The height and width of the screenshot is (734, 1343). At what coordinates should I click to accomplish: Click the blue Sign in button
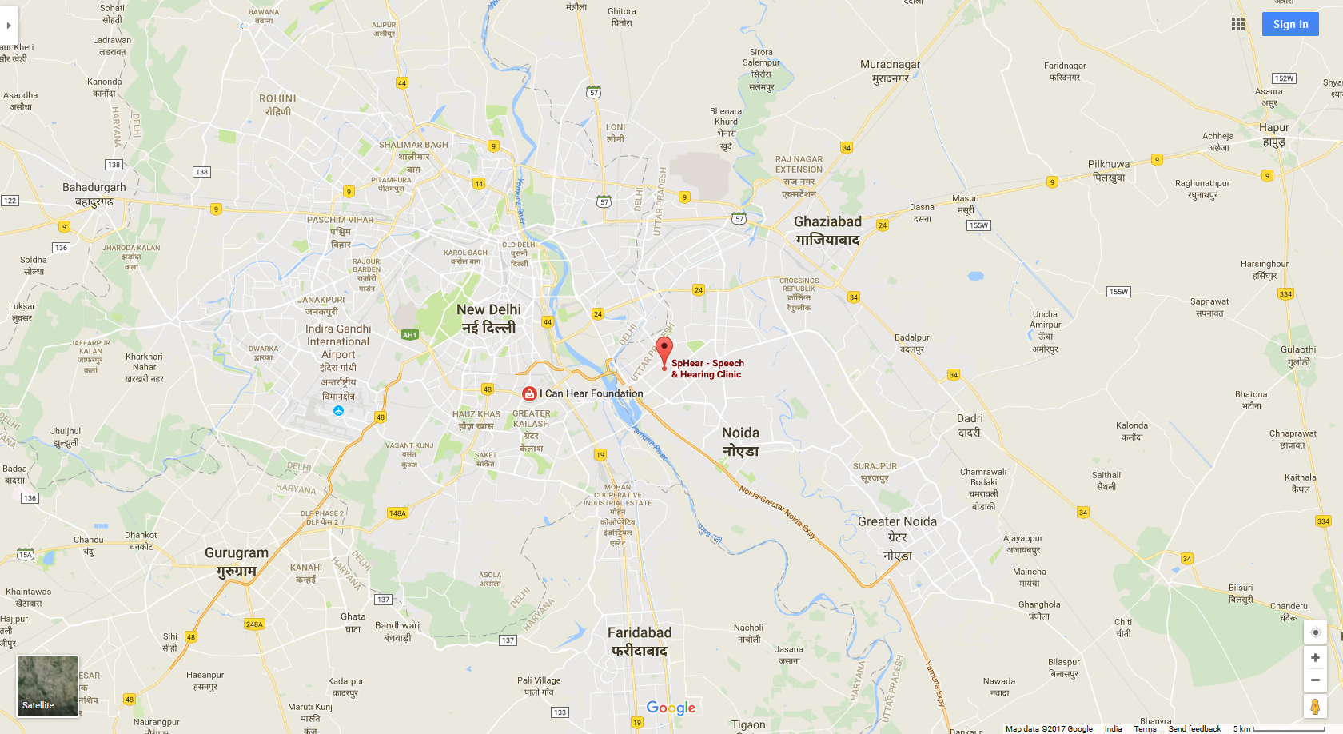click(1290, 24)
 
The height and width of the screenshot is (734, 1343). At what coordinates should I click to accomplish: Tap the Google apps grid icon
click(1238, 24)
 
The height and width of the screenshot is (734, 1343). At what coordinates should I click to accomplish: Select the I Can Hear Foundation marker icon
click(529, 393)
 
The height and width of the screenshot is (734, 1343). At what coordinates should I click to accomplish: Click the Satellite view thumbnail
click(48, 686)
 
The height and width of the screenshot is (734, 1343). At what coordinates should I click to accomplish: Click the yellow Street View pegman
click(1315, 707)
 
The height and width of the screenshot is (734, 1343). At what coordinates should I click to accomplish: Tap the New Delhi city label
click(488, 318)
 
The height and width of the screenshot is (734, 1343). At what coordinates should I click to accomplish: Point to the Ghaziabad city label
click(827, 230)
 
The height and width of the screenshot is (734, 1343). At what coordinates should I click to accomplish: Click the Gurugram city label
click(237, 561)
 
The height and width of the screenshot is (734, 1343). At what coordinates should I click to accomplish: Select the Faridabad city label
click(640, 641)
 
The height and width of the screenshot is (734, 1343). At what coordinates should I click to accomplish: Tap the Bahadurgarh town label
click(94, 194)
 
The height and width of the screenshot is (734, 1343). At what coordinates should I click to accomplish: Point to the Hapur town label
click(1273, 134)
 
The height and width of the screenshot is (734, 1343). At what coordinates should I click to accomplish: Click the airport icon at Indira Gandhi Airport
click(339, 411)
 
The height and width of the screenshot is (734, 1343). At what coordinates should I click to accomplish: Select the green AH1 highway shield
click(409, 335)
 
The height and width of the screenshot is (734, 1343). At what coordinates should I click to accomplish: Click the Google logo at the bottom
click(671, 708)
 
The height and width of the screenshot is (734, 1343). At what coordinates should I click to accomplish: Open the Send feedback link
click(1194, 728)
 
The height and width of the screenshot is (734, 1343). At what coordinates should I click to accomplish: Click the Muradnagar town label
click(890, 70)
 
